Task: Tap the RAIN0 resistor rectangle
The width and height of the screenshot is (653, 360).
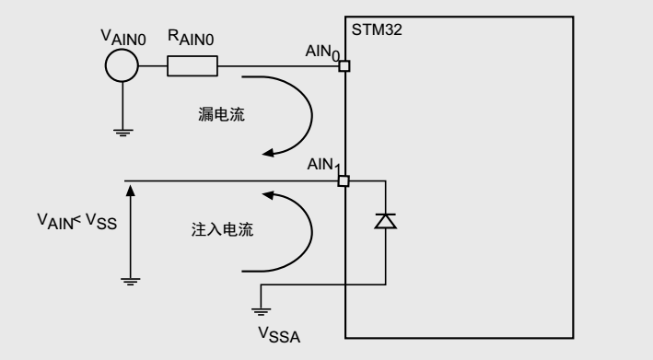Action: point(192,66)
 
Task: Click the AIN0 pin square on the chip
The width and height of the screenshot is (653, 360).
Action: point(344,66)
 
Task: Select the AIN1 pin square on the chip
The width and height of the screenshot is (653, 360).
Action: point(344,180)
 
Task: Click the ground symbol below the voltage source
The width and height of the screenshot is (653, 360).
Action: point(122,131)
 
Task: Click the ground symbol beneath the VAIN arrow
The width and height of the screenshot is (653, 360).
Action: point(132,280)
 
